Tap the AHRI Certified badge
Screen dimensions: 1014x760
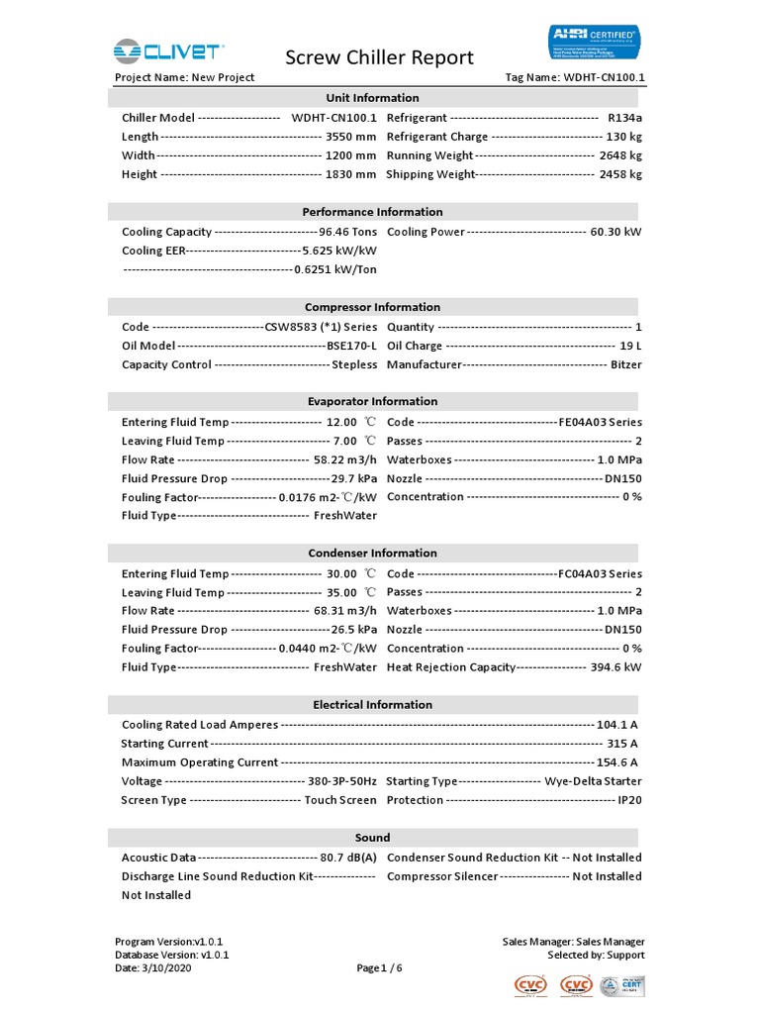click(594, 44)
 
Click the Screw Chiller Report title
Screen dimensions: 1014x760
click(379, 57)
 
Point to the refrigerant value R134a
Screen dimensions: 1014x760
click(624, 118)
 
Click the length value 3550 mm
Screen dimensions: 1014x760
click(350, 137)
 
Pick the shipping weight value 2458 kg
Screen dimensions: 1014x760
click(619, 174)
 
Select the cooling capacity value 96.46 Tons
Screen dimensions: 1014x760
click(347, 232)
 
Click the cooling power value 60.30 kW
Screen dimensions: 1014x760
click(616, 232)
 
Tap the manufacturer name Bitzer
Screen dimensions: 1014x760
click(624, 364)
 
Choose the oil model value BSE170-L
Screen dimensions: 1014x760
click(352, 346)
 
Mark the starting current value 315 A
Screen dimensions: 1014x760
click(621, 744)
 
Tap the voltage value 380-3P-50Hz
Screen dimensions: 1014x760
click(340, 781)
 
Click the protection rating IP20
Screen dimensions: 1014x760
click(629, 800)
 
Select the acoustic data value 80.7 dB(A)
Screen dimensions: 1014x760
click(348, 858)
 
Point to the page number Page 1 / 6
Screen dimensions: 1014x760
click(379, 968)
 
